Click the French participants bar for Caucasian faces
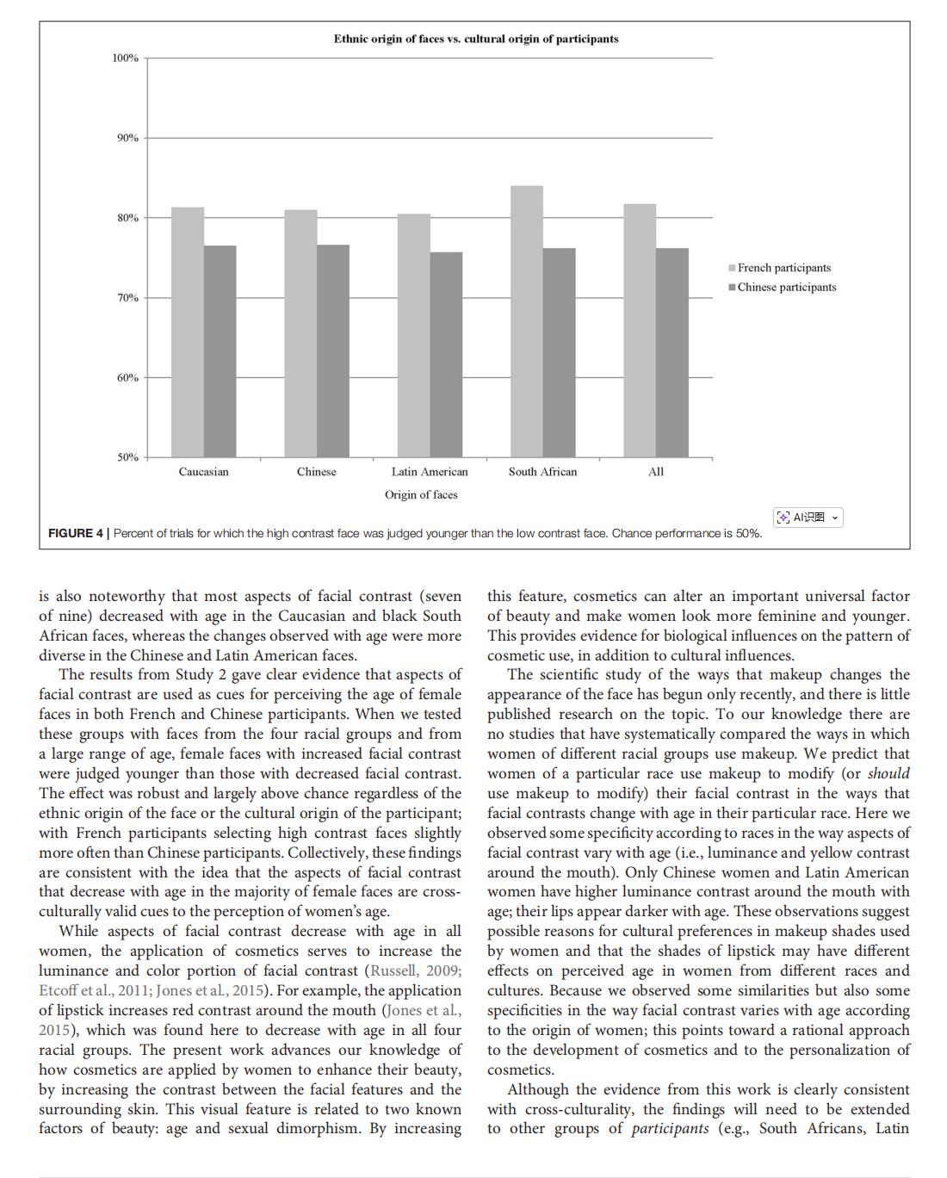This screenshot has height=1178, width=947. (188, 332)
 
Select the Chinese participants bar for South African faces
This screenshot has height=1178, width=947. (559, 352)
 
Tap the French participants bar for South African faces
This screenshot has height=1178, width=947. (526, 321)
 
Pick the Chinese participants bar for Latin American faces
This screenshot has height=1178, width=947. (446, 354)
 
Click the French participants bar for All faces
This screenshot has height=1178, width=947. (640, 330)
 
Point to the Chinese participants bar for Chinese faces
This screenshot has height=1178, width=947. (333, 350)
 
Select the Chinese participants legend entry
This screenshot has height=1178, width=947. (786, 287)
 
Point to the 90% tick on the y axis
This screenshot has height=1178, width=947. (127, 138)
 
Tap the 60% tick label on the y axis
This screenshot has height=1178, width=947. (127, 377)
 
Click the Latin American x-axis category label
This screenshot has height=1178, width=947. (430, 471)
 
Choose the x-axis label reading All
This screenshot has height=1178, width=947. (656, 471)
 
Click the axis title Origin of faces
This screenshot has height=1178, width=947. (421, 494)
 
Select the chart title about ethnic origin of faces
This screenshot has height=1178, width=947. (476, 39)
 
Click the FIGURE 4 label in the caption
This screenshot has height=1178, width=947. (76, 533)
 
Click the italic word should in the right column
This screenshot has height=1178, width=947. (888, 773)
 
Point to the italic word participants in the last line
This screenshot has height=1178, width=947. (670, 1128)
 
